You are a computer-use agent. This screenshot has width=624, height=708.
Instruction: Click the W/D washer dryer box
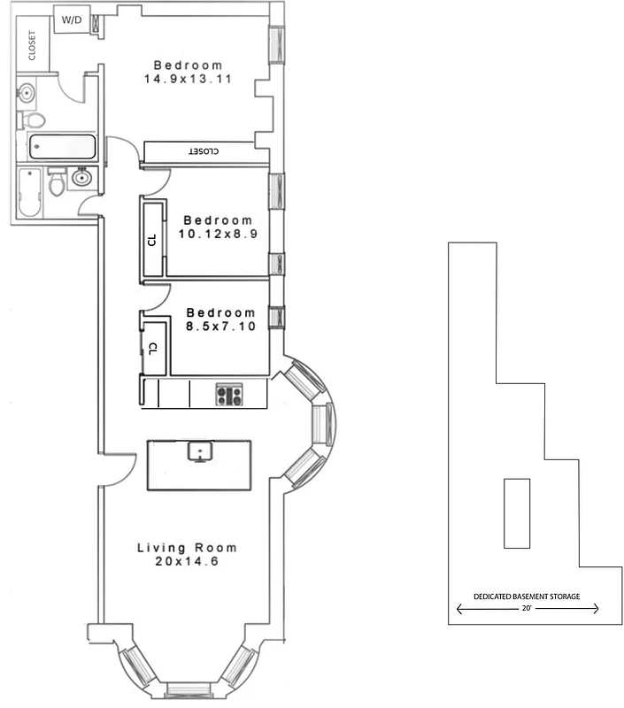tap(71, 19)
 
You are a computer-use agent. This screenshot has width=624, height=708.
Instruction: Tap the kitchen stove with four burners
tap(229, 395)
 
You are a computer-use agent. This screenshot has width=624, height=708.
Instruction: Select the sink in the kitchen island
tap(200, 452)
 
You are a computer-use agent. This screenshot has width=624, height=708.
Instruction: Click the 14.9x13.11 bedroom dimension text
tap(189, 79)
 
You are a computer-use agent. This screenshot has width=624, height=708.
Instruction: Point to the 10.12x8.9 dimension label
tap(218, 235)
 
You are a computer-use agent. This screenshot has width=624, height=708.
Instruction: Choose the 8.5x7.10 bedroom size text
tap(220, 327)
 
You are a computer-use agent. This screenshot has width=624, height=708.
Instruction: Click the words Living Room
tap(187, 548)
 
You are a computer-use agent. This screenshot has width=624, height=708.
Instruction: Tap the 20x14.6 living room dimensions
tap(187, 562)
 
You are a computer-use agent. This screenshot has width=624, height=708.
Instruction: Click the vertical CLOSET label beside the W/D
tap(33, 46)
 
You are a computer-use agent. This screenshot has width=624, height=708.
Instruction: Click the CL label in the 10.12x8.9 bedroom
tap(151, 240)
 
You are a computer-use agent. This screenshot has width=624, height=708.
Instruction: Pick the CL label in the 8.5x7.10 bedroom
tap(152, 349)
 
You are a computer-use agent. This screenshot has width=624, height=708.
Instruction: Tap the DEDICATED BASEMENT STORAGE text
tap(527, 596)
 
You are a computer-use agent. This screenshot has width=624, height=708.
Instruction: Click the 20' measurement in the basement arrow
tap(528, 609)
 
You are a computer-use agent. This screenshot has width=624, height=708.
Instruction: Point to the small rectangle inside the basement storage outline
tap(517, 513)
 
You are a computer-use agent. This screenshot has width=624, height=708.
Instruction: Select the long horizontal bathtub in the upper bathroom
tap(61, 147)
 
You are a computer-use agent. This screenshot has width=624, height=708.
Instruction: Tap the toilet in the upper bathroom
tap(35, 119)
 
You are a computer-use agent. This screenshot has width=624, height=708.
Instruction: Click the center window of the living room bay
tap(188, 689)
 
